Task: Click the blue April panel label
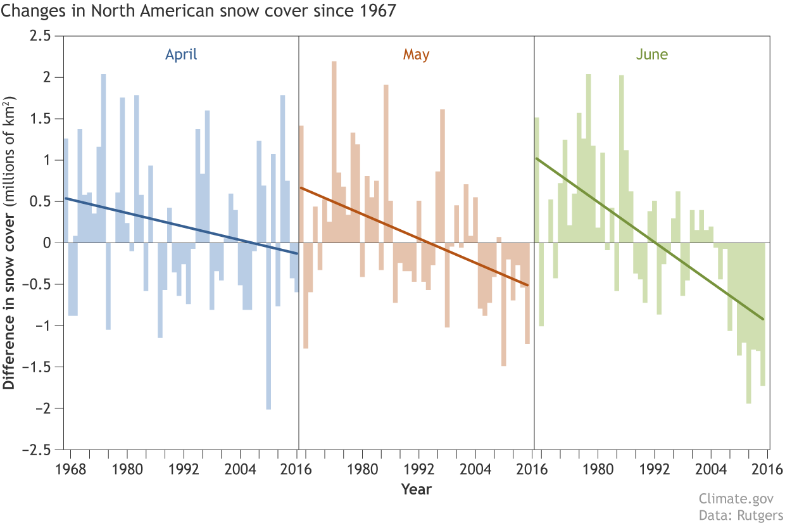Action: point(181,54)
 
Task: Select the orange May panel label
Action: point(416,54)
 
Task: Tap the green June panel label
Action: point(651,54)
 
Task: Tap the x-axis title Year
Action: point(416,489)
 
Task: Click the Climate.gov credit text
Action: point(736,499)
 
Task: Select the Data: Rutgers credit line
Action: point(741,515)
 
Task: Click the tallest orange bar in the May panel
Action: point(334,152)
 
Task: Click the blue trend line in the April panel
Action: point(181,226)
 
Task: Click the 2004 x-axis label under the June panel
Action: point(711,469)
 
